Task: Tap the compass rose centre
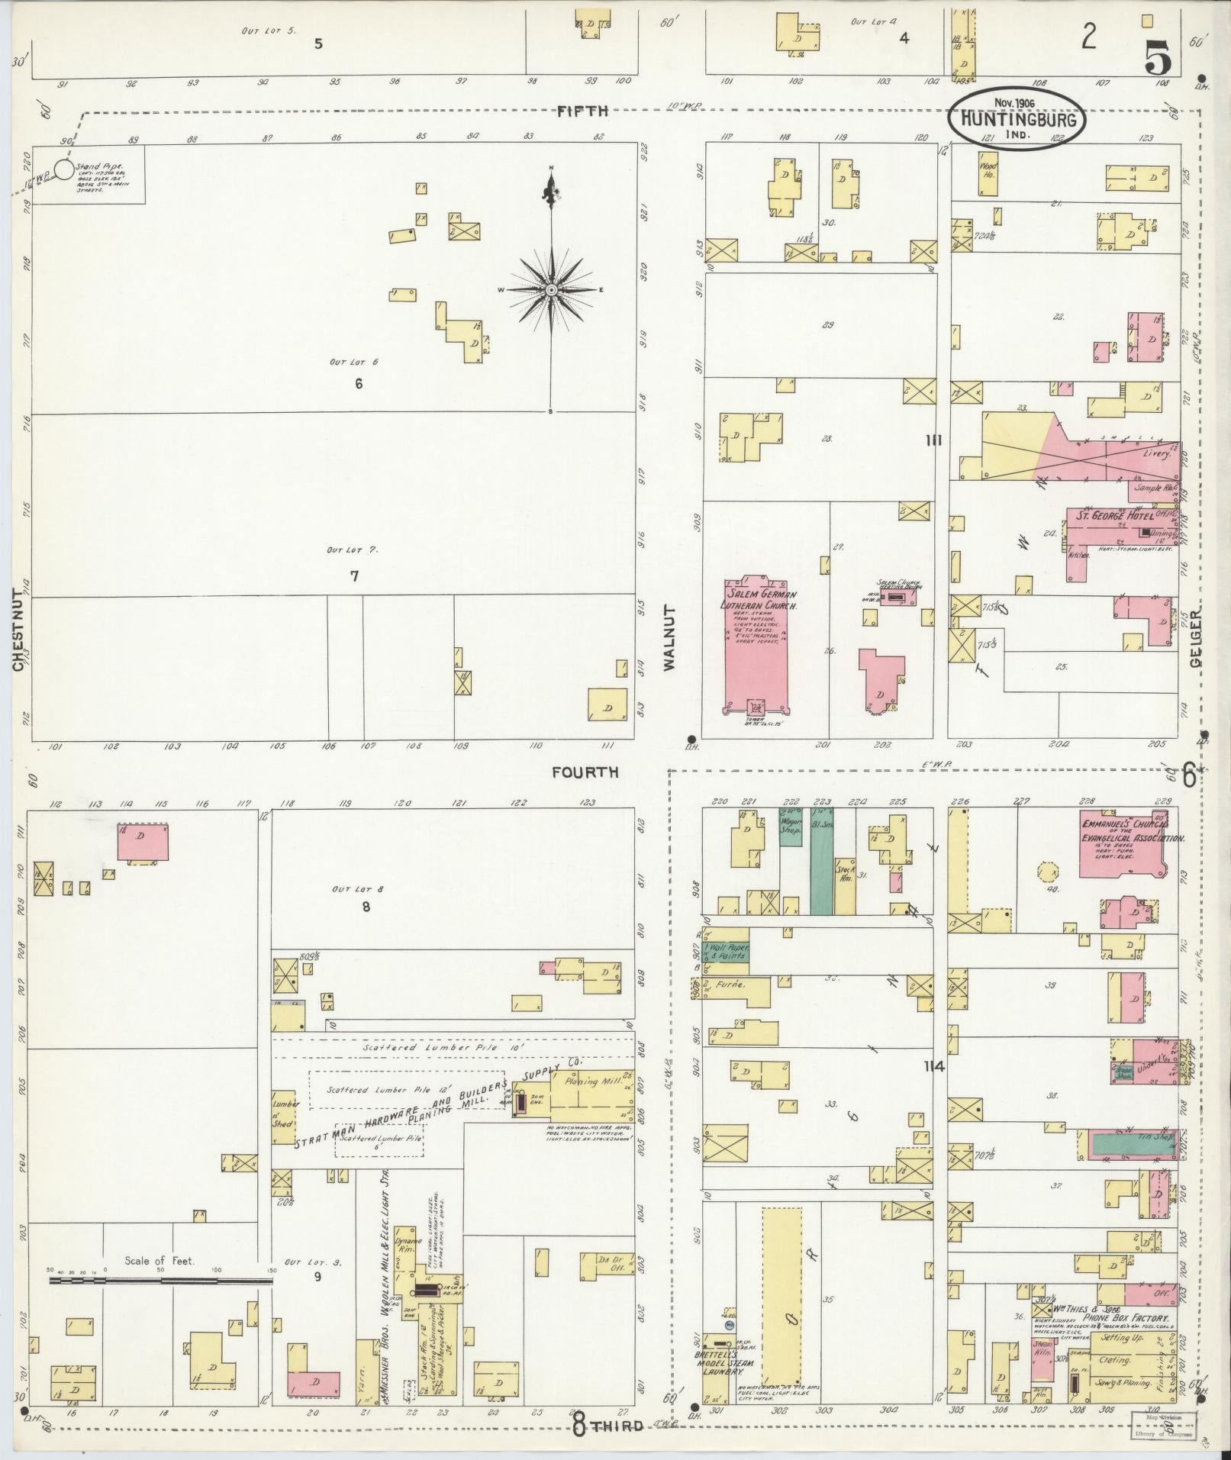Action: tap(551, 290)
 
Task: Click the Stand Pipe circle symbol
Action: tap(64, 168)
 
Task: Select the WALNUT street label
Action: tap(670, 638)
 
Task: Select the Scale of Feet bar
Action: tap(160, 1280)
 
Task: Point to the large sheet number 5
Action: tap(1158, 50)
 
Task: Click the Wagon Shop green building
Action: tap(789, 826)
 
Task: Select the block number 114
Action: tap(933, 1067)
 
